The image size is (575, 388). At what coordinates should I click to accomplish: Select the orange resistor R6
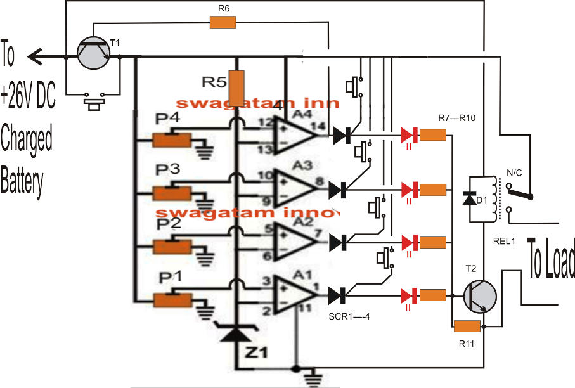click(223, 23)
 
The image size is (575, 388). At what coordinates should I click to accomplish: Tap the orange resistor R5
click(236, 88)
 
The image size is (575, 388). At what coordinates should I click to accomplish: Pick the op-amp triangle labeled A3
click(294, 188)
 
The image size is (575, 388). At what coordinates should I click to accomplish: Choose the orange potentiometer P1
click(172, 299)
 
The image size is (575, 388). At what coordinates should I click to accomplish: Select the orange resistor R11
click(467, 327)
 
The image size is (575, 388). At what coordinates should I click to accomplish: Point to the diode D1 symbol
click(468, 200)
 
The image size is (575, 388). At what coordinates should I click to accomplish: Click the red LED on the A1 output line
click(408, 295)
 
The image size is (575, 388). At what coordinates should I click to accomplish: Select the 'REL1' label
click(505, 242)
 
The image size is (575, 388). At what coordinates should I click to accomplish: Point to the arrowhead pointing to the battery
click(36, 58)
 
